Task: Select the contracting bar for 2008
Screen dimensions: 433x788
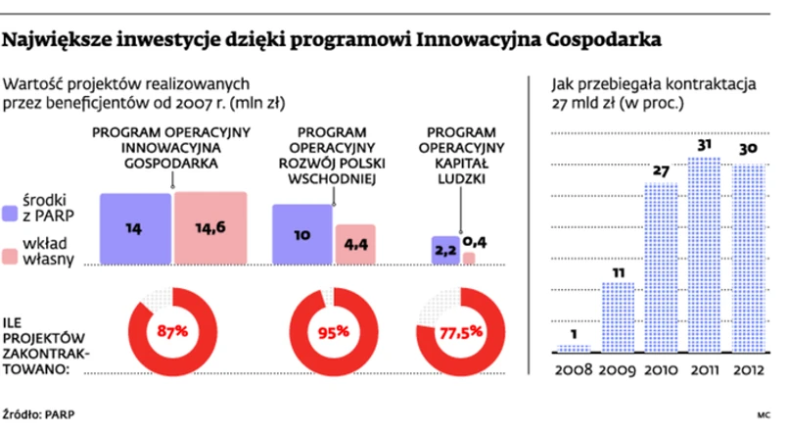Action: pyautogui.click(x=574, y=348)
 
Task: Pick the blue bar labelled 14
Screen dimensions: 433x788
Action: pyautogui.click(x=136, y=227)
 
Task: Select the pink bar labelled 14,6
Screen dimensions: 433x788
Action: pyautogui.click(x=210, y=227)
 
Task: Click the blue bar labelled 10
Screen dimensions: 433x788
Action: pyautogui.click(x=301, y=234)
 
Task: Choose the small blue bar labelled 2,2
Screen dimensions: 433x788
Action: pyautogui.click(x=444, y=251)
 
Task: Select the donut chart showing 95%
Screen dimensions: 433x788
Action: pyautogui.click(x=332, y=330)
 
